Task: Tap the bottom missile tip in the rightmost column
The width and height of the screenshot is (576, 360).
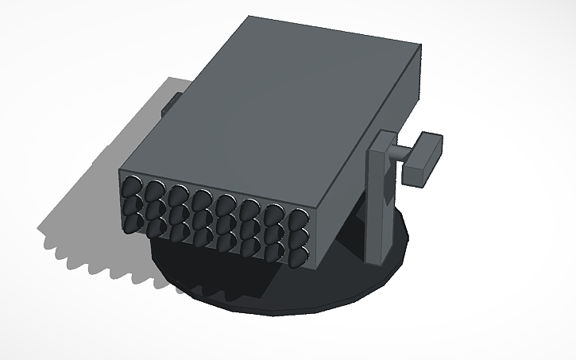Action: point(298,256)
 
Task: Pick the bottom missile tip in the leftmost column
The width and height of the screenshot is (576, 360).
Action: point(130,223)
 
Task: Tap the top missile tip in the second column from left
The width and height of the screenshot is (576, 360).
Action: point(152,192)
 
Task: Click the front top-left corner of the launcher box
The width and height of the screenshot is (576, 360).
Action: point(120,169)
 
